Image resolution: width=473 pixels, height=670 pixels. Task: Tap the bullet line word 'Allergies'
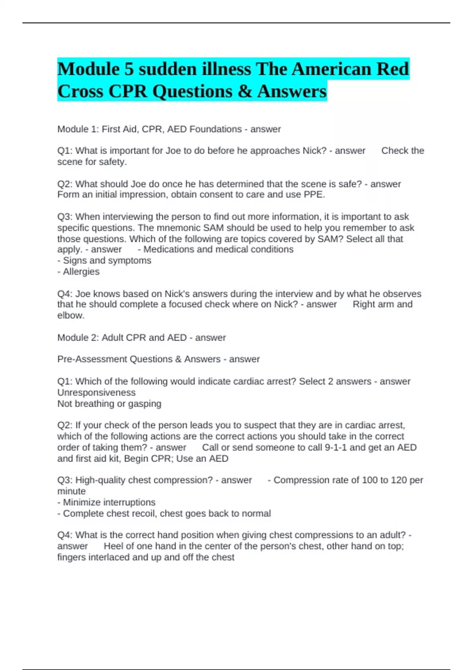[x=81, y=272]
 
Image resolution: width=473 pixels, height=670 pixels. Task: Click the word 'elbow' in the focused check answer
[x=70, y=315]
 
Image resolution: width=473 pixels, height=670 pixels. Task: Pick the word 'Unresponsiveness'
[x=96, y=393]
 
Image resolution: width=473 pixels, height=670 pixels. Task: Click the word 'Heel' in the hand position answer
[x=113, y=546]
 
